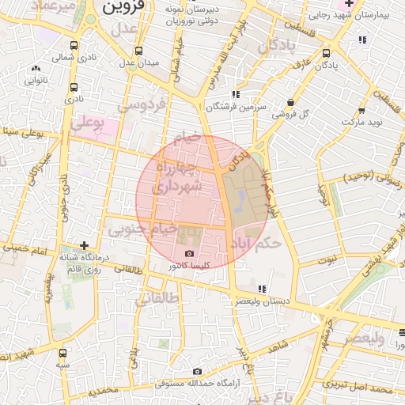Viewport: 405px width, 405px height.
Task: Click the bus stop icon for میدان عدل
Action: click(131, 61)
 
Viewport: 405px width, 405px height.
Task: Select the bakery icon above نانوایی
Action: click(35, 69)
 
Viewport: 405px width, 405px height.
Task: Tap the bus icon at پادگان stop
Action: click(327, 53)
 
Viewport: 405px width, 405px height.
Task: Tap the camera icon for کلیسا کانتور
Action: click(188, 254)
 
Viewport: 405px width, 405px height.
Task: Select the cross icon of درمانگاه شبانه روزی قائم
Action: click(84, 246)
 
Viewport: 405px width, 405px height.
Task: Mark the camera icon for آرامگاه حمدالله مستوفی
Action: click(197, 372)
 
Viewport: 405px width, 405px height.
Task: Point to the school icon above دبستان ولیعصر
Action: click(262, 290)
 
